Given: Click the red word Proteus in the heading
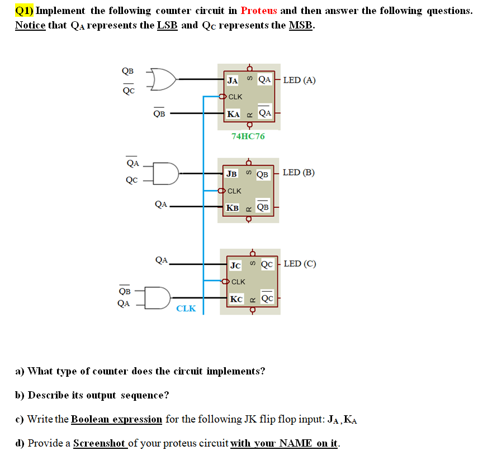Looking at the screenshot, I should (259, 11).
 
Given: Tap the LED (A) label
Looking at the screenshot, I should (299, 80).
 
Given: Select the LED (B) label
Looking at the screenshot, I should (299, 172).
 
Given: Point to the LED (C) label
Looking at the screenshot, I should (300, 263).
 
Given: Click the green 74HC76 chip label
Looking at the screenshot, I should (248, 136).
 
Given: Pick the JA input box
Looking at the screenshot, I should (233, 80).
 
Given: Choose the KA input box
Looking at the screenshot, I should (234, 114).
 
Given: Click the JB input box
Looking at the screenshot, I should (231, 173).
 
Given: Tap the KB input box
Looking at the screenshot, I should (232, 207).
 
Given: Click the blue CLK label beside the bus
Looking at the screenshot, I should (186, 309).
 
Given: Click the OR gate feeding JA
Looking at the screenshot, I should (162, 79).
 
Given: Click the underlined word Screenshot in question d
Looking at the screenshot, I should (100, 443).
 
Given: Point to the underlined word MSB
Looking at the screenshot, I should (301, 26).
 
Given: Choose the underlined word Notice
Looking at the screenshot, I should (30, 26).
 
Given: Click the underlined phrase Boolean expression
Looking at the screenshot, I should (116, 419).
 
